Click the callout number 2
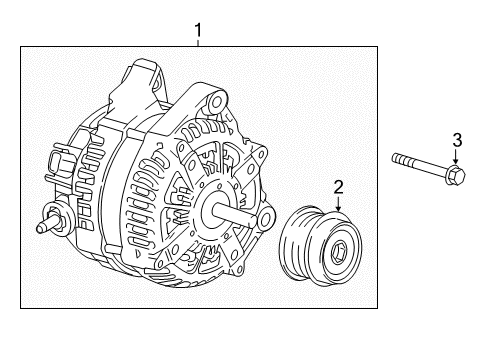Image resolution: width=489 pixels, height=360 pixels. pyautogui.click(x=338, y=186)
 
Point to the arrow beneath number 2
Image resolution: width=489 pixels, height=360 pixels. pyautogui.click(x=338, y=202)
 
